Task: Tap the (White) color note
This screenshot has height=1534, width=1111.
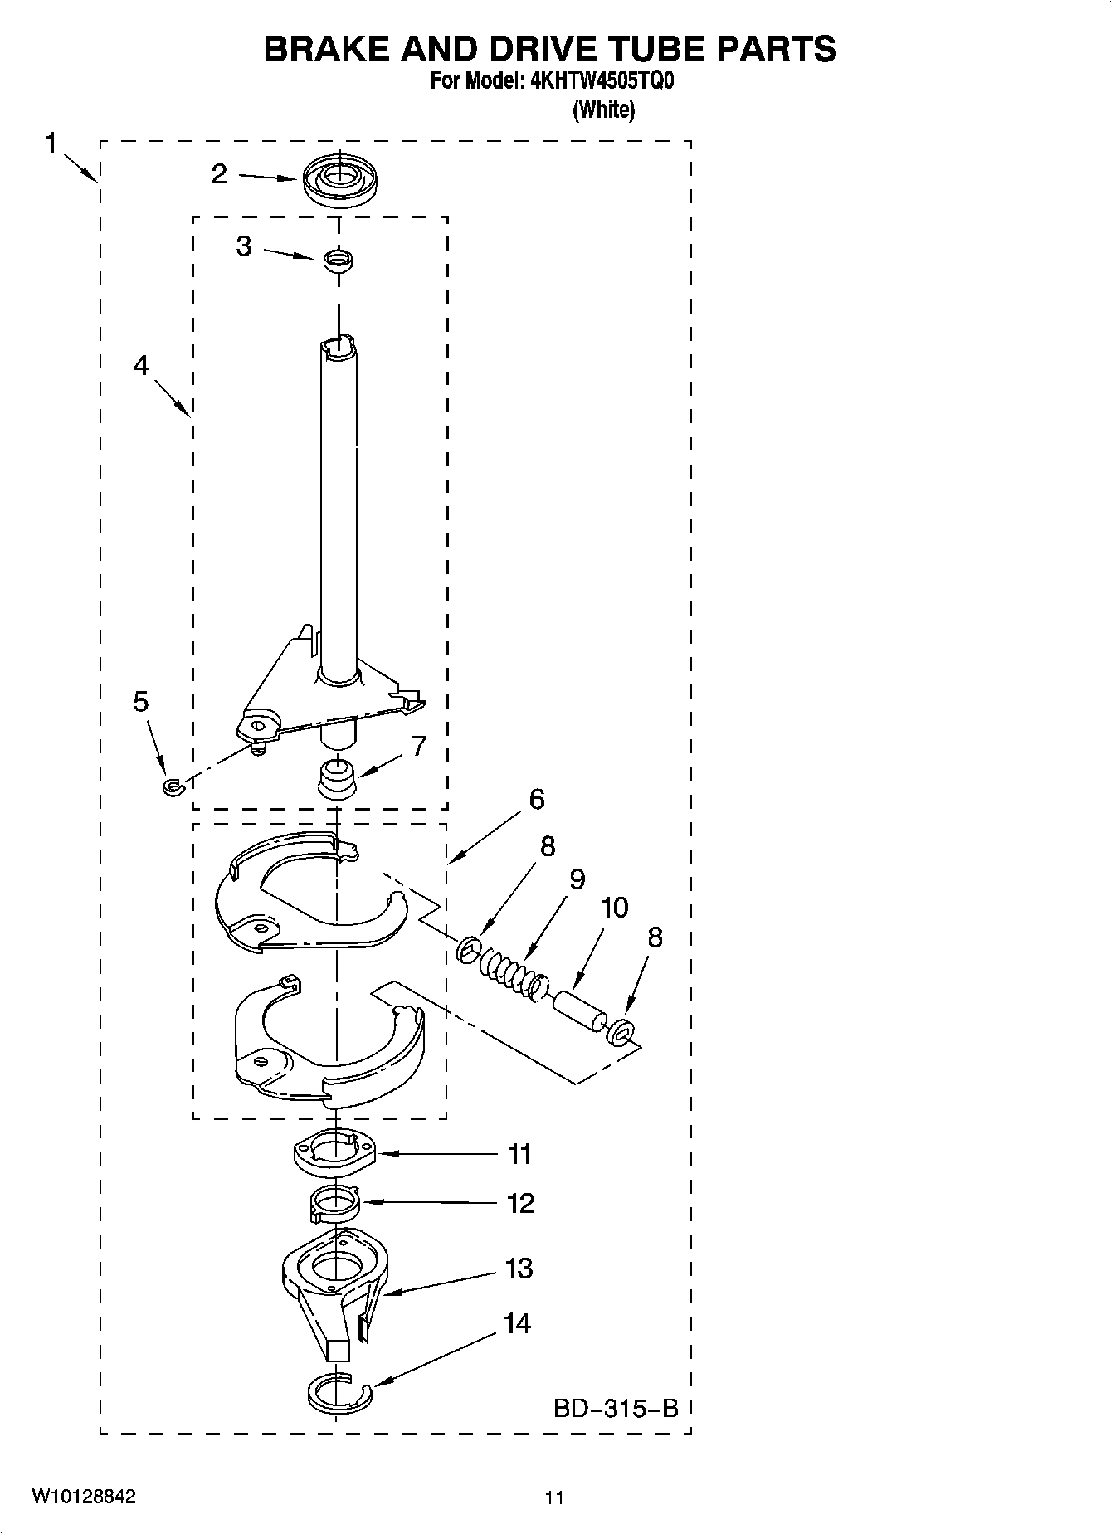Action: (603, 110)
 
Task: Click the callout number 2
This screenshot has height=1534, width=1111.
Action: (219, 174)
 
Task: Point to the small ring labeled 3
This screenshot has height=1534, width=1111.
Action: (339, 260)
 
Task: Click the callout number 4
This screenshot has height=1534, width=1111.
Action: (141, 365)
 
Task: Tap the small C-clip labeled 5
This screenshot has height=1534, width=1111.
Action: (172, 785)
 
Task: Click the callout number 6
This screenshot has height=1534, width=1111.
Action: (537, 800)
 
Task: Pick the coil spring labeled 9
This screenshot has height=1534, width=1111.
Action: (505, 965)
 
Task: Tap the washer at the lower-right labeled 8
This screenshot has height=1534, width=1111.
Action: (621, 1033)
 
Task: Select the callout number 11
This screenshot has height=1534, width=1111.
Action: (519, 1154)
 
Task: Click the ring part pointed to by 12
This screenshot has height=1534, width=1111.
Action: (334, 1203)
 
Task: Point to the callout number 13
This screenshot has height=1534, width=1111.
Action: (519, 1269)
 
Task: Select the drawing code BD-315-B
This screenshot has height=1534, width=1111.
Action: (616, 1408)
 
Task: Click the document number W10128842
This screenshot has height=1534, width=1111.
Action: (84, 1497)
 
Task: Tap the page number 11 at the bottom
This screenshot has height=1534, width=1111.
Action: (554, 1498)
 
